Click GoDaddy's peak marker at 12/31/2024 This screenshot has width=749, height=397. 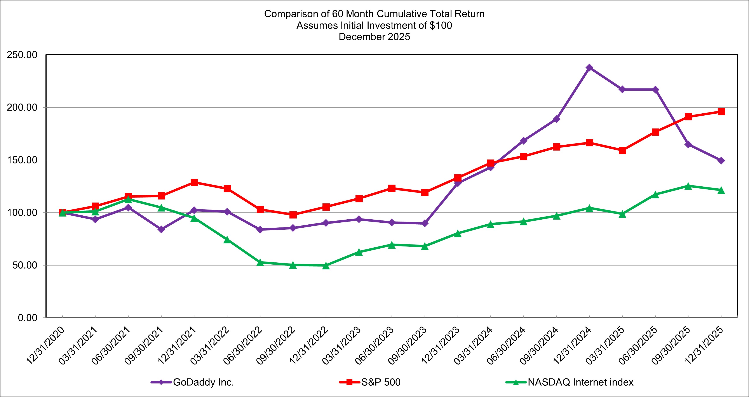(589, 68)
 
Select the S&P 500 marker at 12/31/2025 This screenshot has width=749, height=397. (721, 112)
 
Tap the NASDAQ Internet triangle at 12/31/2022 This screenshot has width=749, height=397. (326, 265)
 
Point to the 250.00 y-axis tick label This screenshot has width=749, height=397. (22, 55)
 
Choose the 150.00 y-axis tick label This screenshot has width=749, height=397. (22, 160)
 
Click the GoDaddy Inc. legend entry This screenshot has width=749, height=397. (203, 382)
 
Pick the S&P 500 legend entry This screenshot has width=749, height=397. (381, 382)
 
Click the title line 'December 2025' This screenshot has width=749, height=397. (374, 37)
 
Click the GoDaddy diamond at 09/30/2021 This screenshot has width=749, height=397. (161, 229)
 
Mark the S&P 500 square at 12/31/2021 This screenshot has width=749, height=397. (194, 182)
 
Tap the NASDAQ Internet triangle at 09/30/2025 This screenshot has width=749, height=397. (688, 186)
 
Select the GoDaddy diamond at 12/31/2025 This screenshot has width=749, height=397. (721, 160)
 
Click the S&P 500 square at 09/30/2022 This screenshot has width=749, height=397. (293, 215)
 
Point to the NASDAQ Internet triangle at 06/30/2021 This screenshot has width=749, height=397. (128, 199)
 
